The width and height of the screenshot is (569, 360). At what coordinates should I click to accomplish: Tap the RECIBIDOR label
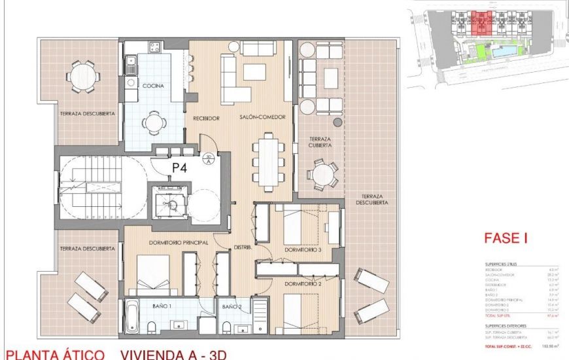click(x=205, y=118)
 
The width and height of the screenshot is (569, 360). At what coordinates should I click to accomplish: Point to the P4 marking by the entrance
click(x=180, y=168)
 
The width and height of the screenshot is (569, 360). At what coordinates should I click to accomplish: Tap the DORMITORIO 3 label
click(x=302, y=250)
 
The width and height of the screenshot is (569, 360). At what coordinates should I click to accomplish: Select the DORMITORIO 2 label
click(x=302, y=285)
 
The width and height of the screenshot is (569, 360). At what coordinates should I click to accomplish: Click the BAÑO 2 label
click(x=232, y=306)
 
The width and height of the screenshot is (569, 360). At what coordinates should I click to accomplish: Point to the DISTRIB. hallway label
click(x=244, y=247)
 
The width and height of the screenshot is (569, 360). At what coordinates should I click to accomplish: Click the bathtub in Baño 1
click(x=131, y=316)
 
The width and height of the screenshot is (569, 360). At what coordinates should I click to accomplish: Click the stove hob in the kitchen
click(x=154, y=46)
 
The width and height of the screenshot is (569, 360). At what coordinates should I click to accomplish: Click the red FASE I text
click(x=506, y=240)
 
